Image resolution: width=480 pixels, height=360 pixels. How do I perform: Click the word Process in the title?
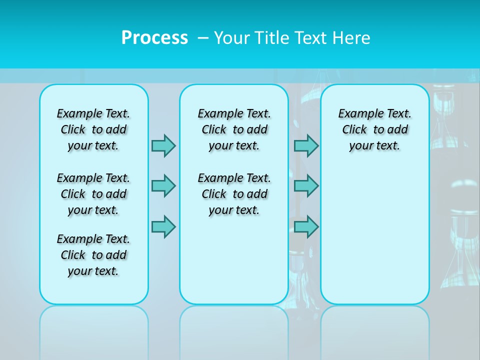click(154, 38)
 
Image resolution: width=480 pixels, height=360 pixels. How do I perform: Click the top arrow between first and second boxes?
click(163, 145)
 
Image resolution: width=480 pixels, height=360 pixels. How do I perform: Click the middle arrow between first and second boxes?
click(163, 186)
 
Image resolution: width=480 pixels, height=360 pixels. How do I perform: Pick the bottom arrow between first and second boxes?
click(163, 226)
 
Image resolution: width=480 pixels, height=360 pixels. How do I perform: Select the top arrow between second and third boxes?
click(306, 145)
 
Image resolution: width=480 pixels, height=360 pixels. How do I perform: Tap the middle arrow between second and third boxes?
click(306, 186)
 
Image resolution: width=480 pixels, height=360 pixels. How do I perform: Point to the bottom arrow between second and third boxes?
click(306, 226)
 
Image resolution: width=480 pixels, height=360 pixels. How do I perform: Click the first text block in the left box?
click(93, 129)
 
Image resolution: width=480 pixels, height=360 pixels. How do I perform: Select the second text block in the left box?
click(93, 194)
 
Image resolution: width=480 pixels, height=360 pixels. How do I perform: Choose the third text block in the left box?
click(93, 255)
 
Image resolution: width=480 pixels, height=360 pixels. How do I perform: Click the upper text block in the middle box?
click(234, 129)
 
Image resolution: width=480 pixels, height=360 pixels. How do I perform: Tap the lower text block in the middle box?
click(234, 194)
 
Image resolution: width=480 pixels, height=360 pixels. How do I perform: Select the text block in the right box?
click(374, 129)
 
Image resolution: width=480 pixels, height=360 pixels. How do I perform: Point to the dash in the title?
click(203, 38)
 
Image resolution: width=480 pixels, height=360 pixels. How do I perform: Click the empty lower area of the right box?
click(374, 240)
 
